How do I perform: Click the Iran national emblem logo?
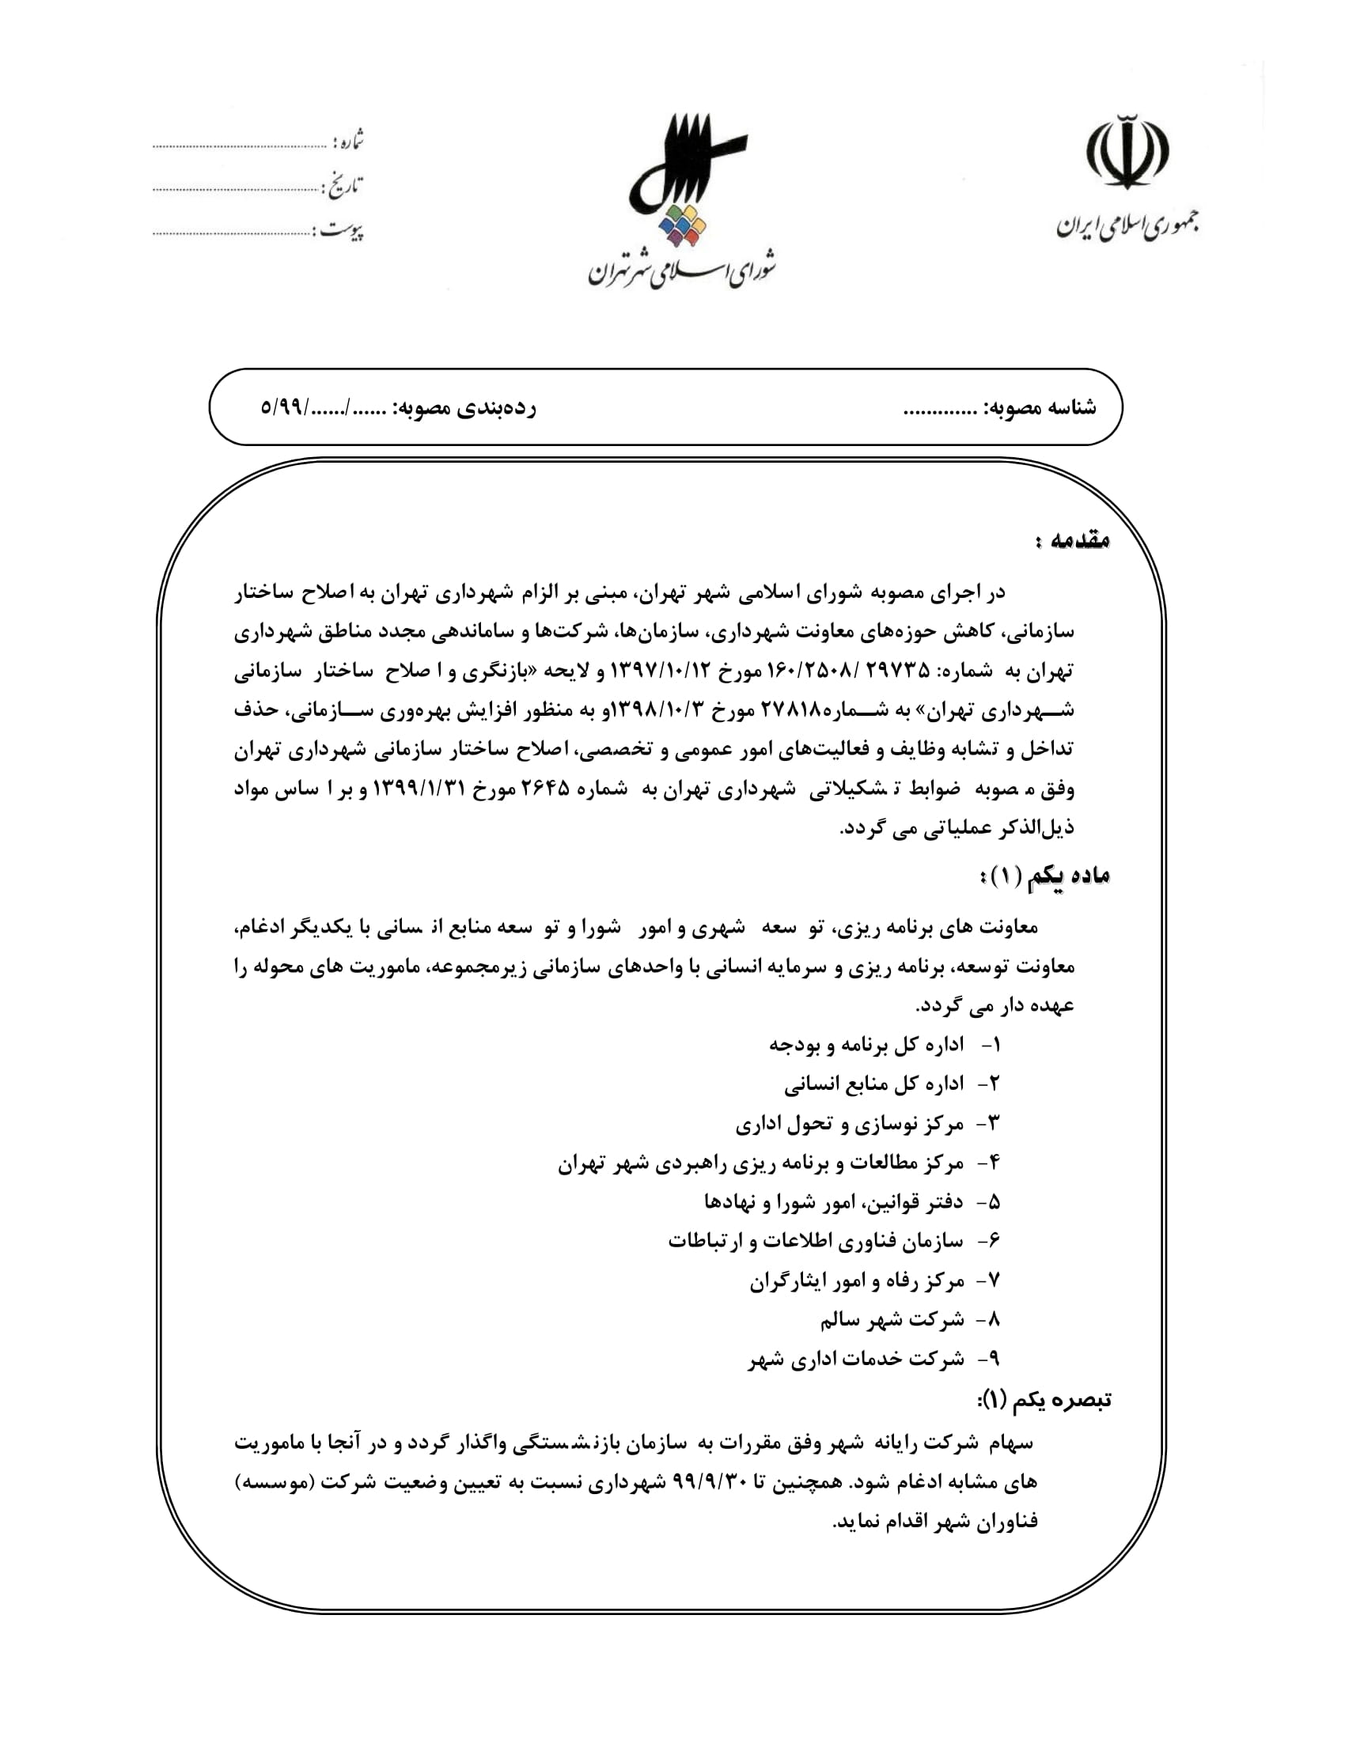(x=1127, y=151)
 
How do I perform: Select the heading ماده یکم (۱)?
(x=1044, y=876)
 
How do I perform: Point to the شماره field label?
(x=348, y=142)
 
